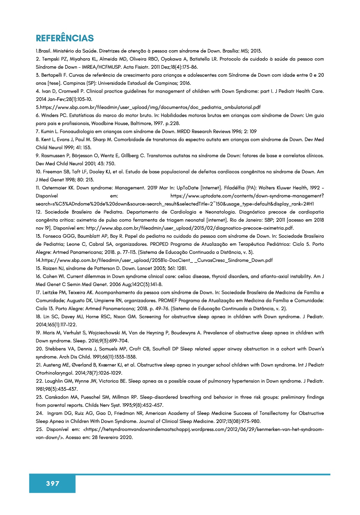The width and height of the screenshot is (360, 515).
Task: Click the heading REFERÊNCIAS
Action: tap(65, 38)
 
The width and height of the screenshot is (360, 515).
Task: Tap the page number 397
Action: tap(53, 483)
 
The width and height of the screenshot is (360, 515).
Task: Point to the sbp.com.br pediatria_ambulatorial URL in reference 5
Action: tap(150, 107)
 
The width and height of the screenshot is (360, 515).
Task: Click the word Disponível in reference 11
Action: tap(47, 196)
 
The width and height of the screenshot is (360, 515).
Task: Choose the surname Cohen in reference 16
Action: tap(51, 277)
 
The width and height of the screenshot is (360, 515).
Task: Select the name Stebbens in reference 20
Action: tap(56, 349)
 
